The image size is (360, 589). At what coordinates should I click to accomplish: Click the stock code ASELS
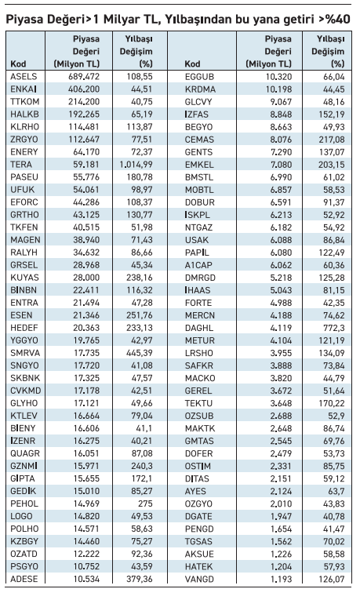pos(24,77)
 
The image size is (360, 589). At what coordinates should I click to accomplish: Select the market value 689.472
pos(84,77)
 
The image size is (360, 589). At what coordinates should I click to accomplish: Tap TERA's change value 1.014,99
pos(136,165)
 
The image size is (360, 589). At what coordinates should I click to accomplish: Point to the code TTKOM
pos(25,102)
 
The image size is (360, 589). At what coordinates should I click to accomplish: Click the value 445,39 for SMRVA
pos(140,353)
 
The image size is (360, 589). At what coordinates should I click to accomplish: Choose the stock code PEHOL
pos(24,504)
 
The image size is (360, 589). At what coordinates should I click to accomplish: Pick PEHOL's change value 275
pos(145,504)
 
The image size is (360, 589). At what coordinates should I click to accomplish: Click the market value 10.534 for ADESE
pos(86,579)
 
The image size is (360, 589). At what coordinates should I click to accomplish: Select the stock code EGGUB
pos(199,77)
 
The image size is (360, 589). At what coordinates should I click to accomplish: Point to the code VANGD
pos(199,579)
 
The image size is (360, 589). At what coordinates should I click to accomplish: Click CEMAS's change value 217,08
pos(332,140)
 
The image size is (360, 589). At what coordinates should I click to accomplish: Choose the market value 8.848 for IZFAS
pos(281,115)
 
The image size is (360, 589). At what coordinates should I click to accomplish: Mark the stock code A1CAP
pos(198,265)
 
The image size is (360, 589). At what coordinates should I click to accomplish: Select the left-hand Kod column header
pos(18,64)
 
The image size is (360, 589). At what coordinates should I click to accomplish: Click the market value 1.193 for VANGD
pos(281,579)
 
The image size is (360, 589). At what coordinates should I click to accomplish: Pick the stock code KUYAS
pos(24,278)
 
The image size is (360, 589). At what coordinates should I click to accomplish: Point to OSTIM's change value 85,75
pos(333,466)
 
